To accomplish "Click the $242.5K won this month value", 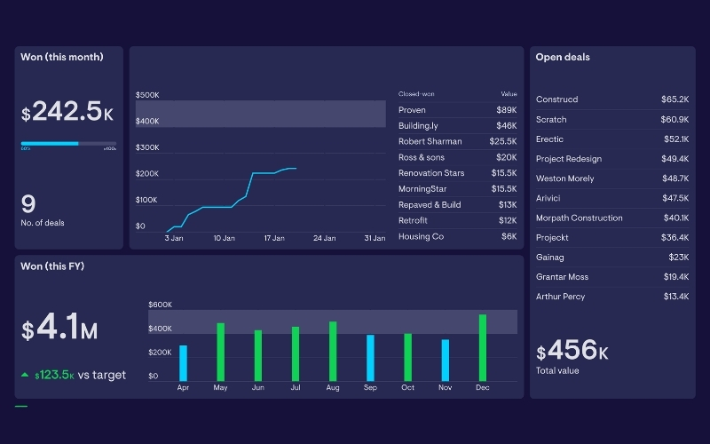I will pyautogui.click(x=67, y=112).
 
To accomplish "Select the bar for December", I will pyautogui.click(x=482, y=347).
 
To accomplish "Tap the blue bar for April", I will pyautogui.click(x=183, y=362).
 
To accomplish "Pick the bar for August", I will pyautogui.click(x=333, y=351).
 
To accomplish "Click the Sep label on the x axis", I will pyautogui.click(x=370, y=388).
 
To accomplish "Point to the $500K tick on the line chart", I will pyautogui.click(x=147, y=94).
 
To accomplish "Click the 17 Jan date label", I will pyautogui.click(x=274, y=238).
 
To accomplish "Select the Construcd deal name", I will pyautogui.click(x=556, y=99).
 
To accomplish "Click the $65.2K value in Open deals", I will pyautogui.click(x=674, y=99).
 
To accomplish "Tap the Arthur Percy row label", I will pyautogui.click(x=560, y=297).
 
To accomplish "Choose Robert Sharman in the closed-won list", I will pyautogui.click(x=430, y=141).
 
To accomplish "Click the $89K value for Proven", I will pyautogui.click(x=506, y=110).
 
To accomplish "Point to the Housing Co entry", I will pyautogui.click(x=421, y=236).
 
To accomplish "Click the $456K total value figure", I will pyautogui.click(x=572, y=351).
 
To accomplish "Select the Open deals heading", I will pyautogui.click(x=563, y=57).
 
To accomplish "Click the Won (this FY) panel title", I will pyautogui.click(x=52, y=266).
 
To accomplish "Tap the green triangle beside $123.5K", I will pyautogui.click(x=25, y=375).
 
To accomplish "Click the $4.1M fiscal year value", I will pyautogui.click(x=59, y=330).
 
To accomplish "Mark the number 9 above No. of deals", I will pyautogui.click(x=28, y=204).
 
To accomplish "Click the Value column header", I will pyautogui.click(x=509, y=94).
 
